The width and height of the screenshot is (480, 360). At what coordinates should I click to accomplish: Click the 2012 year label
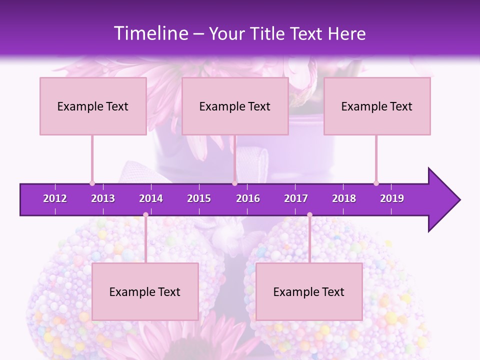point(55,198)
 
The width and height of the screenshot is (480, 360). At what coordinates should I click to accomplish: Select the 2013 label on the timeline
point(103,198)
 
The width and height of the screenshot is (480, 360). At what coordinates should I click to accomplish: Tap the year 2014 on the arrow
point(151,198)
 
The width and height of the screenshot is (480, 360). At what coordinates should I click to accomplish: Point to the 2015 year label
point(199,198)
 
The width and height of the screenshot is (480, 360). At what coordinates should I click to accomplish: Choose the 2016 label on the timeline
point(248,198)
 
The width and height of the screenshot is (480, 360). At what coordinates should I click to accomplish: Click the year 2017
point(296,198)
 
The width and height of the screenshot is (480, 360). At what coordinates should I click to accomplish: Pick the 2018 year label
point(344,198)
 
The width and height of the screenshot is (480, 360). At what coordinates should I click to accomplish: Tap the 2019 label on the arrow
point(392,198)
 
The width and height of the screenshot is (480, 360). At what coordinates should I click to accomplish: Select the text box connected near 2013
point(93,106)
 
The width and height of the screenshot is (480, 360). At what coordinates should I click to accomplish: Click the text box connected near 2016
point(235,106)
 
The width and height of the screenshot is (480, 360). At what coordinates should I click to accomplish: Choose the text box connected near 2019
point(377,106)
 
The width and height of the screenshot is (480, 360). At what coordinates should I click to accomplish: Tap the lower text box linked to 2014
point(145,291)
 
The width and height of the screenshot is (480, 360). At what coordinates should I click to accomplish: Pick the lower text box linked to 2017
point(309,291)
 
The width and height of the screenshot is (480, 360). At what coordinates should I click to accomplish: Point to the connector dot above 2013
point(92,183)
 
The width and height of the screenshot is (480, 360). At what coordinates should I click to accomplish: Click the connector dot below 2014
point(145,215)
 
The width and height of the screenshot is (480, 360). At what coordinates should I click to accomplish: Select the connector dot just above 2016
point(234,183)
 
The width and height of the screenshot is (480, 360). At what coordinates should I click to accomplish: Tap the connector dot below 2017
point(309,215)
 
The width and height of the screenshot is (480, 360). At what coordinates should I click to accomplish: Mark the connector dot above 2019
point(376,183)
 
